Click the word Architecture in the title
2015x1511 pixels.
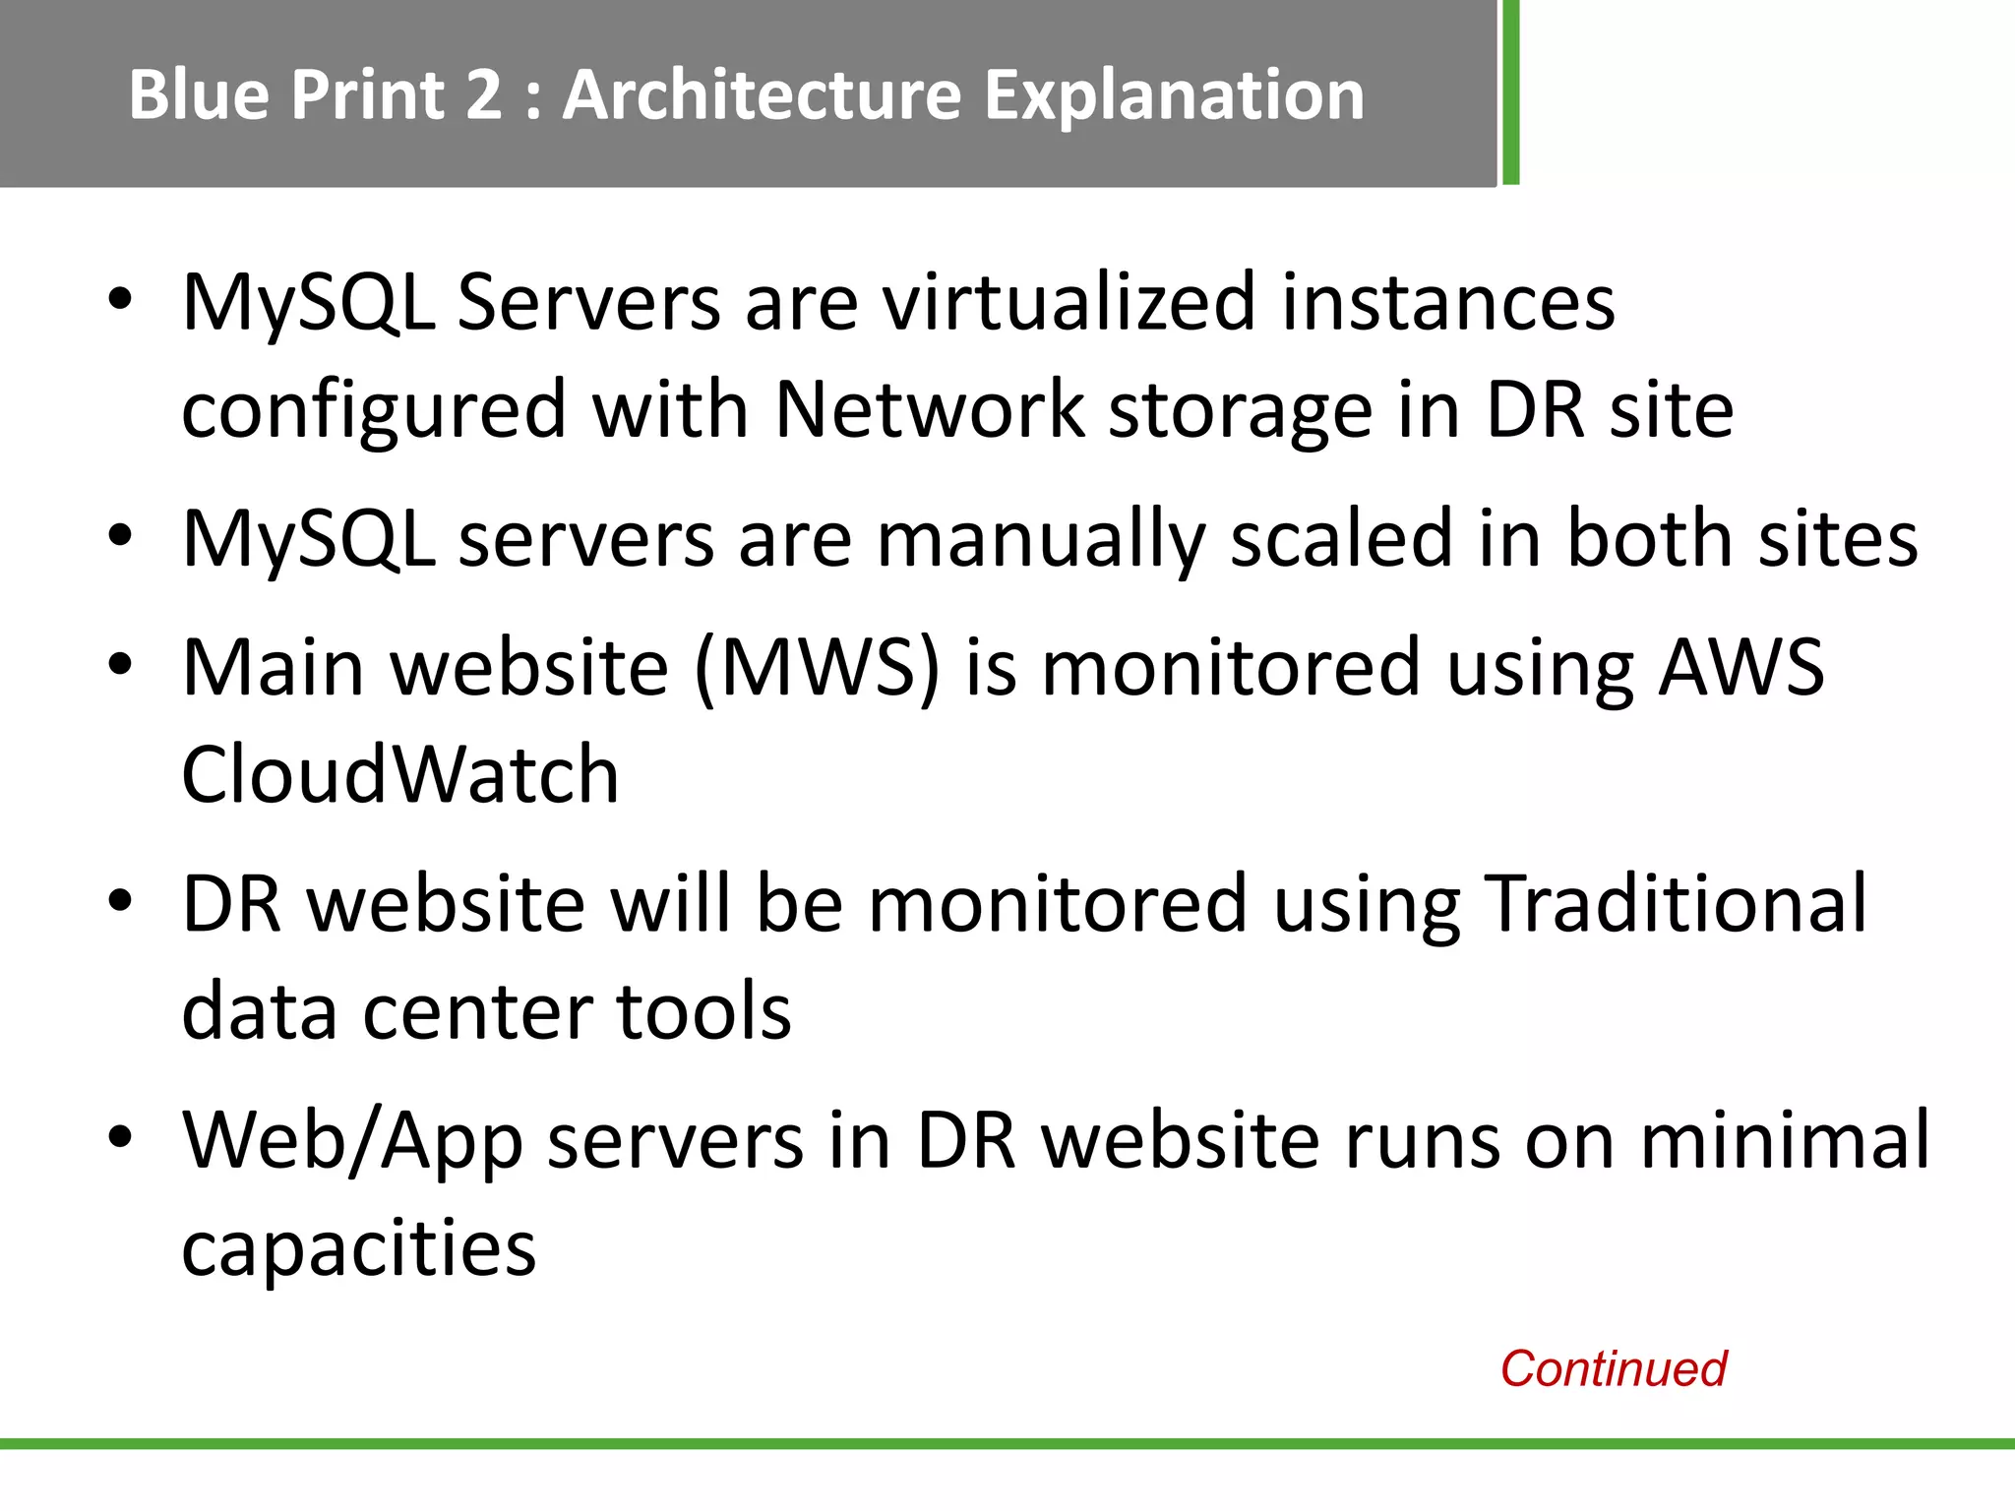click(762, 95)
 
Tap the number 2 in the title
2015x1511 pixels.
click(483, 95)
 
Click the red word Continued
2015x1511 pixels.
click(1613, 1368)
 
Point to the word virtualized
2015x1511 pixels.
click(1069, 302)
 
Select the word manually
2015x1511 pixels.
click(1041, 541)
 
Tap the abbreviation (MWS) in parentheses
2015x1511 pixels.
click(818, 669)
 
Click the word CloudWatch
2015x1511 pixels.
click(400, 775)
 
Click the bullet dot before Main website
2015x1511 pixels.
click(120, 665)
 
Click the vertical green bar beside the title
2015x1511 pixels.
click(1510, 92)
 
